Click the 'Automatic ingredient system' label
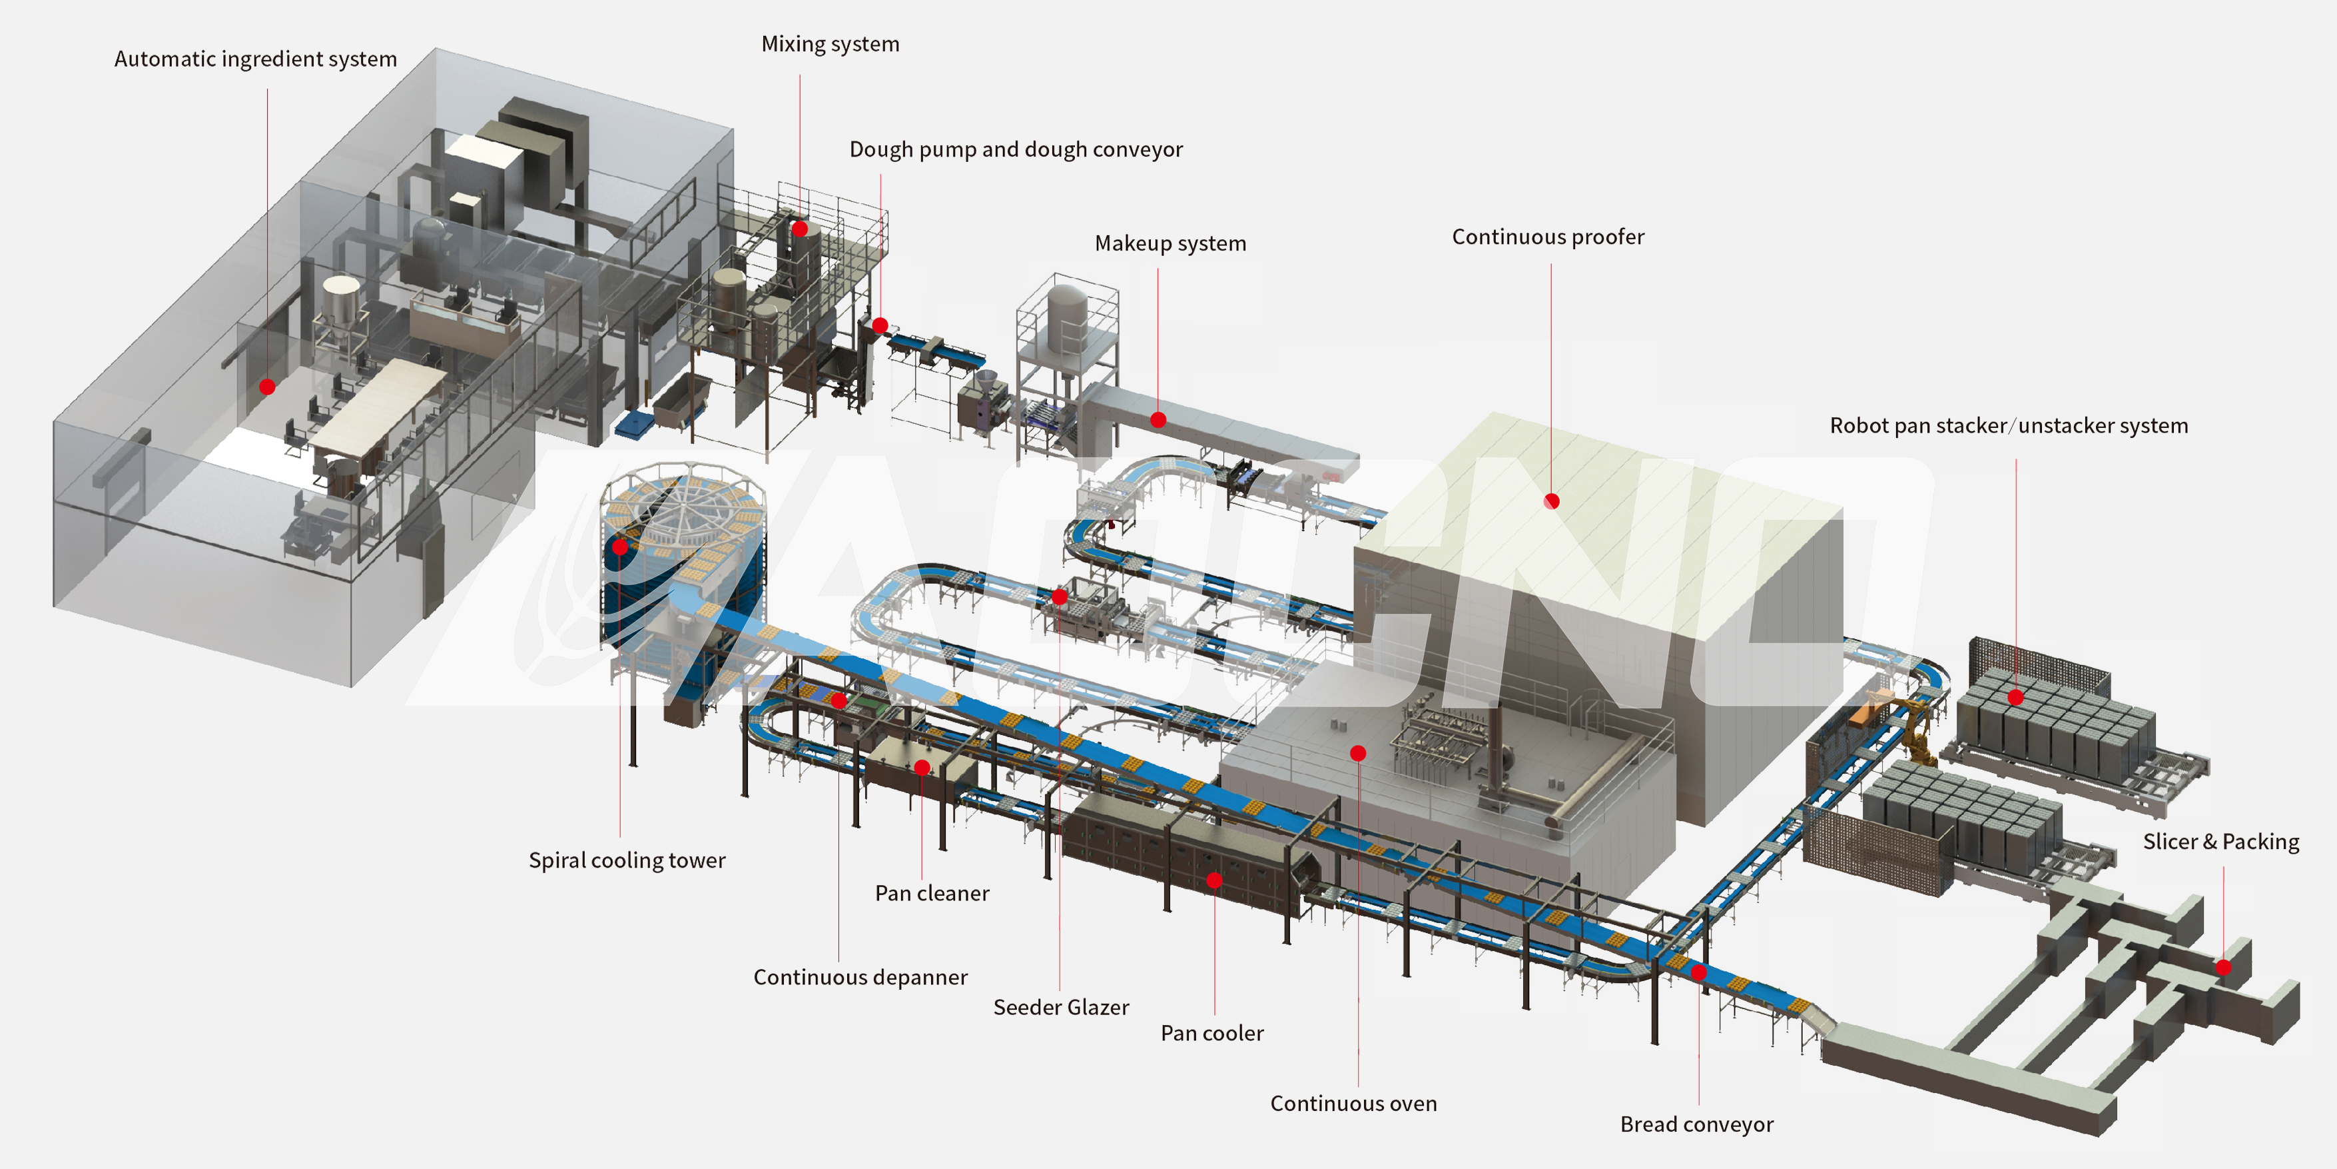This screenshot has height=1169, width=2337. [255, 59]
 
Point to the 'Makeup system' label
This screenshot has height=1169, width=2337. [1169, 243]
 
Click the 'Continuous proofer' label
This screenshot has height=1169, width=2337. [1548, 237]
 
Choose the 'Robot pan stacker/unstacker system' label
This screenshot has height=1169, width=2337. [2009, 426]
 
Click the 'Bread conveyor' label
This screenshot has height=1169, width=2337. [1696, 1124]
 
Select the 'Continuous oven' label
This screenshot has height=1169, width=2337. [1353, 1104]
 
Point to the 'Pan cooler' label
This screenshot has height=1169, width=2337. [1211, 1034]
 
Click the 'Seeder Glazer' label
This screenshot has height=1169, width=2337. [1060, 1008]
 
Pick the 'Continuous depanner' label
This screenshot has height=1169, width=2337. [860, 978]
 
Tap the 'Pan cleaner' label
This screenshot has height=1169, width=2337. [932, 894]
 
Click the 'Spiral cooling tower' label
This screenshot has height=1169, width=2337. [627, 860]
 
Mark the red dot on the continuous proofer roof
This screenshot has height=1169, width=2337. [1551, 501]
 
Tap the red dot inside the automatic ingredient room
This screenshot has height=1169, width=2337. [266, 387]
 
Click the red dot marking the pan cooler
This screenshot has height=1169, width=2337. [1214, 880]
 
